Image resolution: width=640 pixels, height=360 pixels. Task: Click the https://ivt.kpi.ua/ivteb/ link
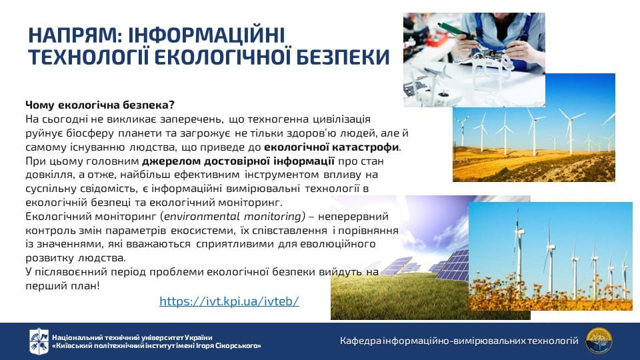click(x=229, y=301)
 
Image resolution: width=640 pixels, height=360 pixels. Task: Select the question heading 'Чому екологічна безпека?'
click(x=100, y=105)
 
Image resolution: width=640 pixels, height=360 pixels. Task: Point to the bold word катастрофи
click(x=366, y=147)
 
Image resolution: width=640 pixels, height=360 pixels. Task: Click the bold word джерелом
click(x=171, y=161)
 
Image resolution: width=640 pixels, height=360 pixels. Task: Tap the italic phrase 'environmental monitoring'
click(x=234, y=216)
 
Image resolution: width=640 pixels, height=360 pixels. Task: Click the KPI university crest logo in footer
click(x=39, y=341)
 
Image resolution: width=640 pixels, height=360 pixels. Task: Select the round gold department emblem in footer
click(x=599, y=341)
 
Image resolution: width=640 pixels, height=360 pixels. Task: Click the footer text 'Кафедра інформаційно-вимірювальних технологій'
click(x=459, y=341)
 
